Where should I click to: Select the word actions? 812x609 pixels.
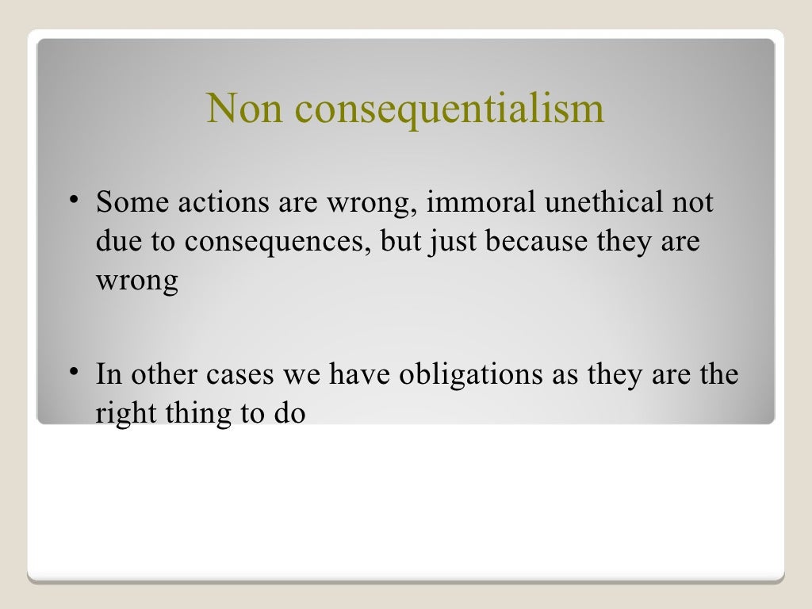pos(223,203)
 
